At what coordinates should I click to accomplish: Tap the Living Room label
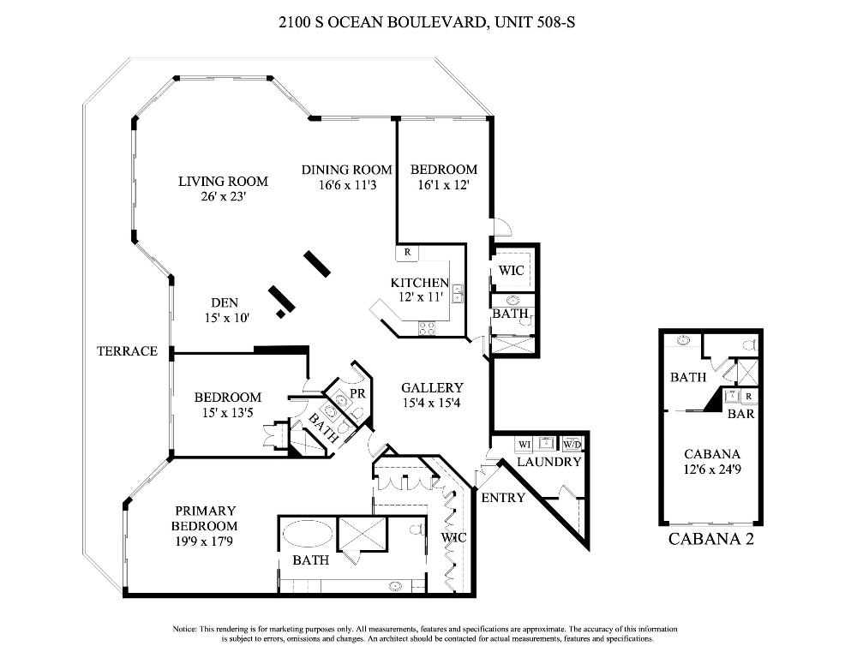223,182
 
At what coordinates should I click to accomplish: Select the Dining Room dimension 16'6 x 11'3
346,184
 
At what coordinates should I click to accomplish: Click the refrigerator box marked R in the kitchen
406,253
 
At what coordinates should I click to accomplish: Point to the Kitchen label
420,283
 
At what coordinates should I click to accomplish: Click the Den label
224,302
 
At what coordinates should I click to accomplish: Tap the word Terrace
127,351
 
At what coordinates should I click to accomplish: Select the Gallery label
432,388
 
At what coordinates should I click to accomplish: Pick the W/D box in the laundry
572,444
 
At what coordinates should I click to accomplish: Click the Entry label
502,498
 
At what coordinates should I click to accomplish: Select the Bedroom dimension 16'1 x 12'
443,184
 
